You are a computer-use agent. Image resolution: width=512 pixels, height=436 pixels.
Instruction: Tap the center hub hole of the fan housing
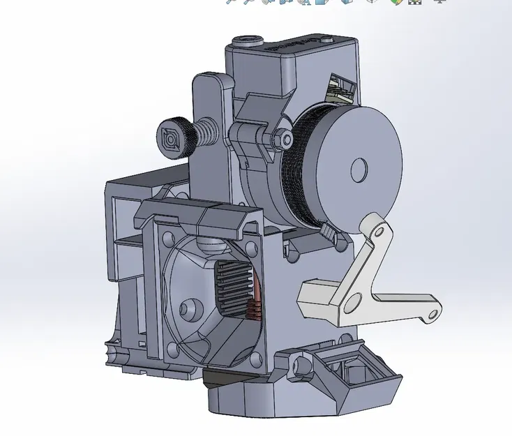(x=187, y=308)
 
